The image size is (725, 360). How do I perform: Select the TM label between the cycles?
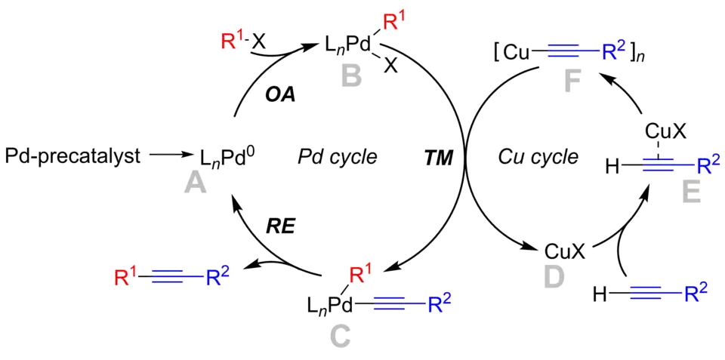click(439, 157)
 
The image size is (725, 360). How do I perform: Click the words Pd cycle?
click(336, 157)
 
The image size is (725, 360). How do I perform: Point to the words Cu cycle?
click(538, 157)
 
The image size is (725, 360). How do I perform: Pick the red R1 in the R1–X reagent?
click(229, 37)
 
